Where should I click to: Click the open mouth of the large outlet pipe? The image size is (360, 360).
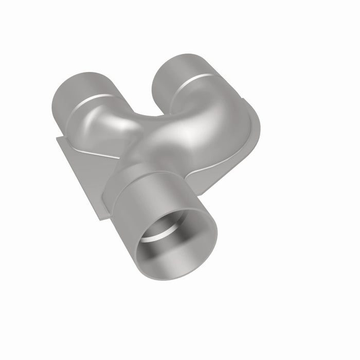tap(175, 242)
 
